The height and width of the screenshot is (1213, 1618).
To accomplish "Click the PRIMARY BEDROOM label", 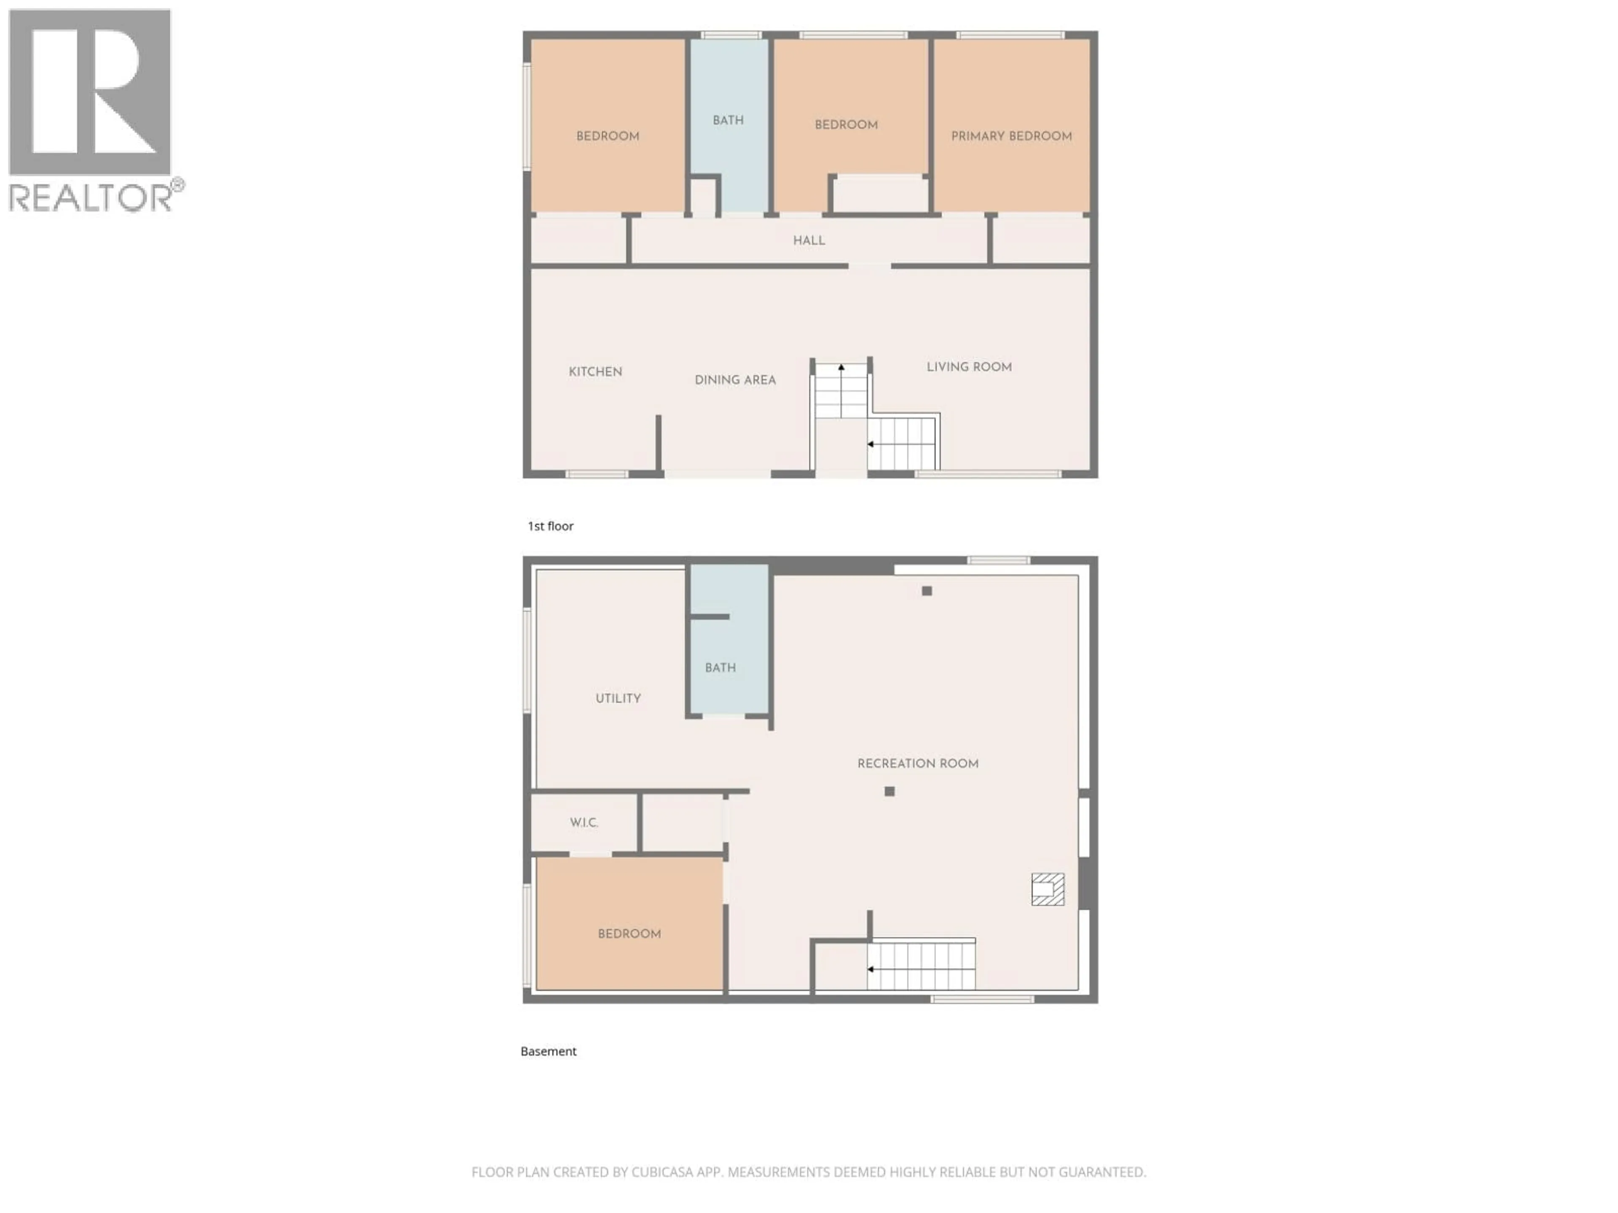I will tap(1011, 136).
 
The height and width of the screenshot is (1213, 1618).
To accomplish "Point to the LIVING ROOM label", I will tap(969, 367).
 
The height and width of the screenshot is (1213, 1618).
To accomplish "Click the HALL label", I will tap(809, 240).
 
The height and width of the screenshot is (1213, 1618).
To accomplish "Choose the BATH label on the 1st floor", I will tap(728, 120).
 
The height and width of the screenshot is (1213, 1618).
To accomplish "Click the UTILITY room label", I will tap(618, 698).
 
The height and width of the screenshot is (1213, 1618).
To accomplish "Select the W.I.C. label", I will tap(584, 823).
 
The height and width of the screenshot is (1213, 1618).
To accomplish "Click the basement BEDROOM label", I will tap(629, 934).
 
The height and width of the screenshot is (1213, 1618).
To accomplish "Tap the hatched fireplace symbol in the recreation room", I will tap(1047, 889).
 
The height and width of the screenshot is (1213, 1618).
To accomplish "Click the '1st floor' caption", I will tap(550, 526).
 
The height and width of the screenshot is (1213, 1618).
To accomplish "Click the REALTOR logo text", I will tap(91, 198).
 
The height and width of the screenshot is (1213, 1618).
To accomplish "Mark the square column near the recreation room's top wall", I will tap(927, 591).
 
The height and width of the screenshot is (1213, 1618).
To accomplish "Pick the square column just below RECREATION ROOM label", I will tap(889, 791).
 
